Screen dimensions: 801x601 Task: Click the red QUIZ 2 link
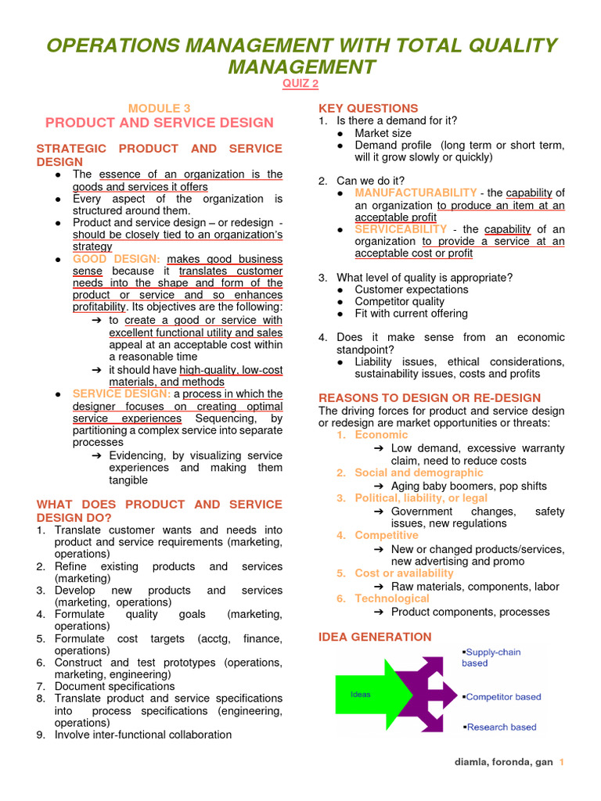click(300, 84)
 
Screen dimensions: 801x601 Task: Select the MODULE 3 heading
click(160, 108)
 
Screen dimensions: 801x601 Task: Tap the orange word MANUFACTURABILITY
click(416, 192)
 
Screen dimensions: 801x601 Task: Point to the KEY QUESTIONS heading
click(368, 108)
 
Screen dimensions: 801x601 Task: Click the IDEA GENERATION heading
click(375, 637)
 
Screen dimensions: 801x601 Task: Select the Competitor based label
click(503, 697)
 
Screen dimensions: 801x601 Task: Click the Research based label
click(501, 727)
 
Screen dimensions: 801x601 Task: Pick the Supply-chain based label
click(492, 657)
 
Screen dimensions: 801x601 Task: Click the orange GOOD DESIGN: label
click(117, 259)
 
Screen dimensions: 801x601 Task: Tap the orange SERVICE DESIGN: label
click(123, 393)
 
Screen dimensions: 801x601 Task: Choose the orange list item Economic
click(381, 435)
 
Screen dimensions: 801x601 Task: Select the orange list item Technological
click(392, 598)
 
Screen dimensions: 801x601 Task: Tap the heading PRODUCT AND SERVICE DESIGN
click(160, 123)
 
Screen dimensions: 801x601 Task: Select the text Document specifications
click(114, 686)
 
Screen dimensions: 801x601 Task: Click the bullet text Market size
click(383, 133)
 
